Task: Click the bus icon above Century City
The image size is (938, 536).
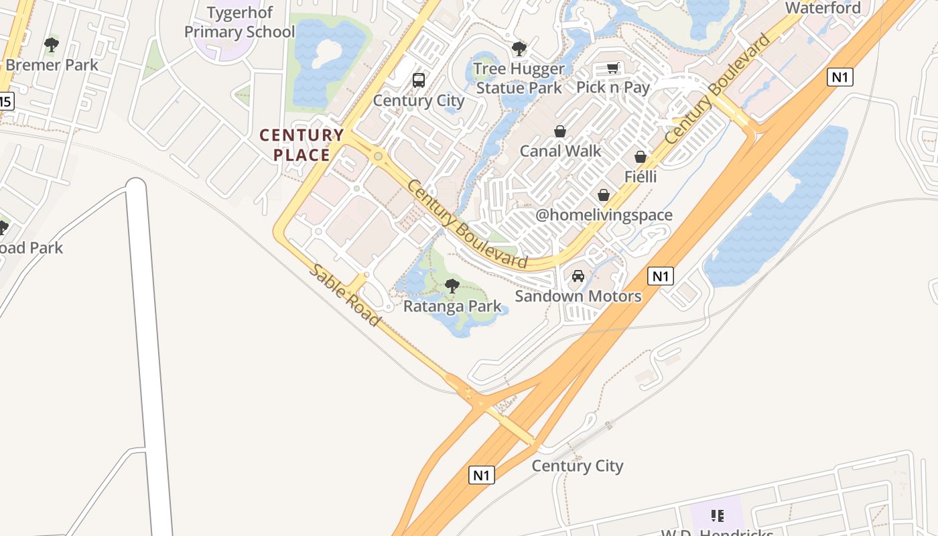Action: point(419,80)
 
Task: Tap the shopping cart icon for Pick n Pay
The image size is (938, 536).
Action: point(612,68)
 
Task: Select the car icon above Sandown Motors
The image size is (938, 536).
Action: point(578,276)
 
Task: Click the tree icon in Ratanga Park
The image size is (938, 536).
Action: point(452,286)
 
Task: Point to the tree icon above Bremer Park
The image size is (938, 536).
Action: point(52,45)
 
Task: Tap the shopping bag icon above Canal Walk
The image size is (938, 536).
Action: point(560,131)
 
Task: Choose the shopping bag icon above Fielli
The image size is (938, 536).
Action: point(641,157)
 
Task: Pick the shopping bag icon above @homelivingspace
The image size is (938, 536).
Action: point(604,195)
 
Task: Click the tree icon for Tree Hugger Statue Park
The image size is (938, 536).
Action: point(519,48)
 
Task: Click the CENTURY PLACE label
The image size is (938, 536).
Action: point(301,145)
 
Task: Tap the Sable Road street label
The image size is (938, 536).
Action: point(344,295)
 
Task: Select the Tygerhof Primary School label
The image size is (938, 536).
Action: point(239,22)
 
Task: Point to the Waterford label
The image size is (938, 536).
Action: point(823,8)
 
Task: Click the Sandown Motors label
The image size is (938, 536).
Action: point(578,296)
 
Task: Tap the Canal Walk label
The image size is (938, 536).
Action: point(561,151)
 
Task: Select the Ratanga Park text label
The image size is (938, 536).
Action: point(452,306)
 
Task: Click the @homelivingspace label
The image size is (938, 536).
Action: point(604,215)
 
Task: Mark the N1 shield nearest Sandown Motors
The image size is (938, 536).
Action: point(661,275)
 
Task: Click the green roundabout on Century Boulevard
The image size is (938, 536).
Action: point(379,157)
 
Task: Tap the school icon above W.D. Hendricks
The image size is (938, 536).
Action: point(718,516)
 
